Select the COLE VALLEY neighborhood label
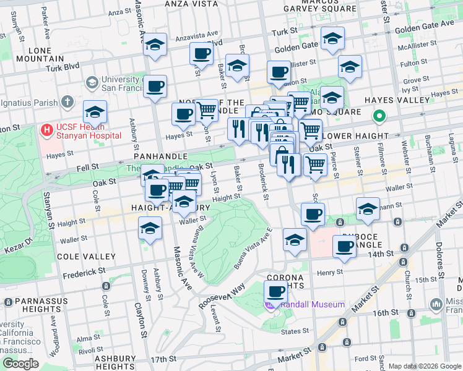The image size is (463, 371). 86,256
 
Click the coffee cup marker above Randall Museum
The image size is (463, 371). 275,291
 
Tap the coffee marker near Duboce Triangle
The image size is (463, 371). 344,246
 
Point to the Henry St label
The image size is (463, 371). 330,272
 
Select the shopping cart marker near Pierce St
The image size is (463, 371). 315,165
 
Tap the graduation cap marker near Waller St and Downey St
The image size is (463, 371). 149,229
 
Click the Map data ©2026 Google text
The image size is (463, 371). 424,366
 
